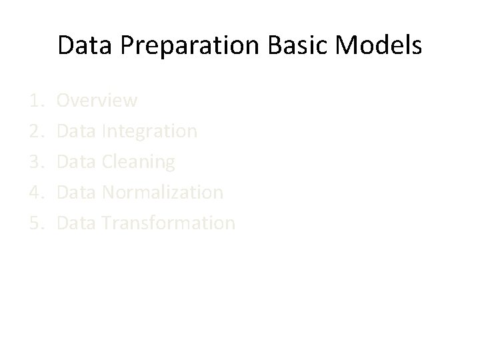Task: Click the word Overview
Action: click(x=97, y=101)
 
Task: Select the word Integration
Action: click(x=150, y=131)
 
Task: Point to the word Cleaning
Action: click(x=139, y=162)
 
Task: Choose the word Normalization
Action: click(x=163, y=193)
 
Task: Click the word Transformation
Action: click(x=169, y=223)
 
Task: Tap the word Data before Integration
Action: click(x=77, y=131)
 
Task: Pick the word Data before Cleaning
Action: click(x=77, y=162)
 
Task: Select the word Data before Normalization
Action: click(x=77, y=193)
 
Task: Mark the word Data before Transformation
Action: click(x=77, y=223)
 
